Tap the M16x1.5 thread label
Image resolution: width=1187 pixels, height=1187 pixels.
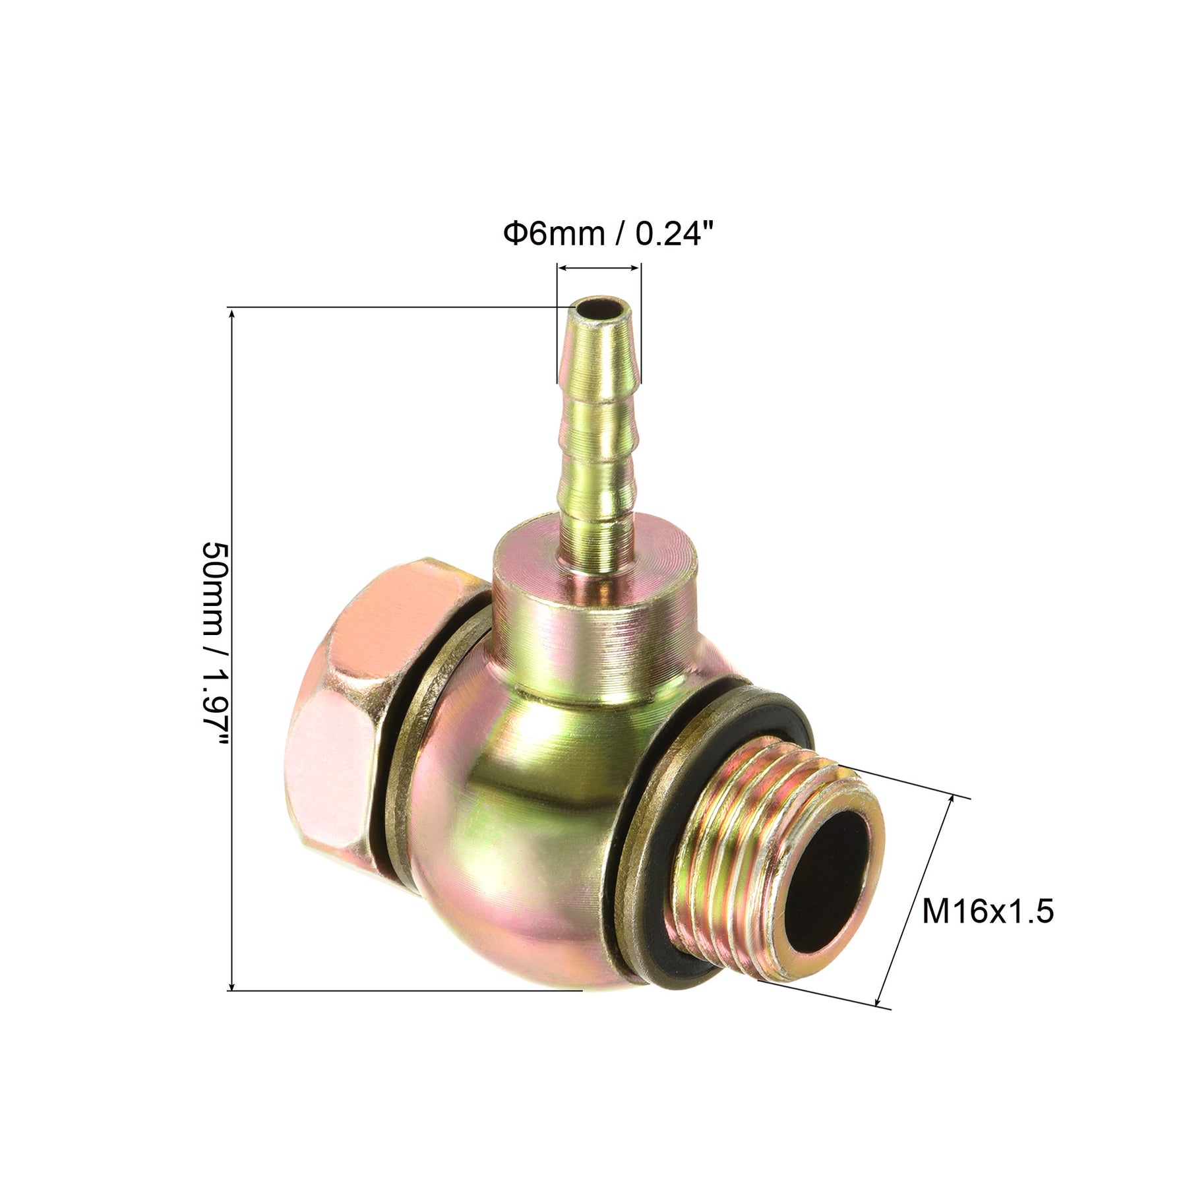click(x=987, y=912)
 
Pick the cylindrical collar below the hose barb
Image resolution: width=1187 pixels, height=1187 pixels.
click(x=593, y=607)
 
